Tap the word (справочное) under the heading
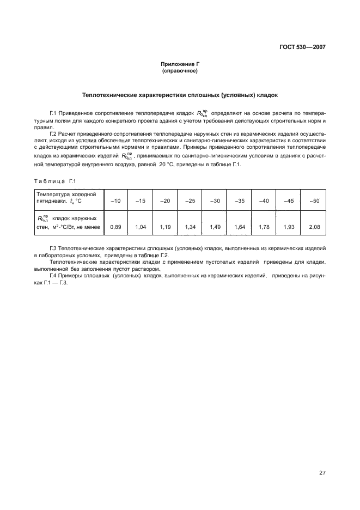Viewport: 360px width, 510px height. click(179, 71)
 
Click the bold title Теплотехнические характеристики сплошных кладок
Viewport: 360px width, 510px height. click(180, 94)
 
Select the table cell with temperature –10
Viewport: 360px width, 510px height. click(115, 201)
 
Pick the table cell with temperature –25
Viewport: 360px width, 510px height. click(190, 201)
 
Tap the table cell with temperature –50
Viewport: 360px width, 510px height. click(314, 201)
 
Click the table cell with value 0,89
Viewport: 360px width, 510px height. click(115, 226)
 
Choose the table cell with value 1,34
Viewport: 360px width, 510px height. click(190, 226)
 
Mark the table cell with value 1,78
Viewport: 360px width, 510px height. click(264, 226)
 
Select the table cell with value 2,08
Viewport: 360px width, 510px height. click(314, 226)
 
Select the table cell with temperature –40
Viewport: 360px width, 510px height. click(264, 201)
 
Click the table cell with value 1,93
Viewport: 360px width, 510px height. click(289, 226)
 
